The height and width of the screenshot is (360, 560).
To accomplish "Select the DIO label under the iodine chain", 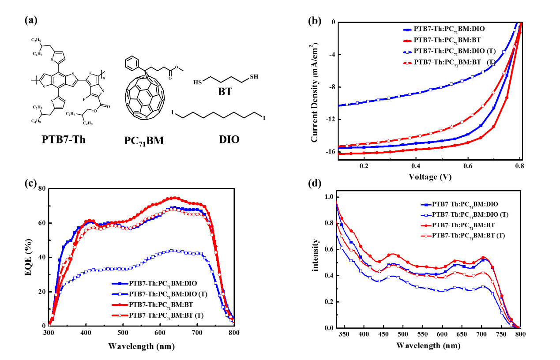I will (229, 140).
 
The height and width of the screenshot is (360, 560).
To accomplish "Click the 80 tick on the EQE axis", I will (40, 188).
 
